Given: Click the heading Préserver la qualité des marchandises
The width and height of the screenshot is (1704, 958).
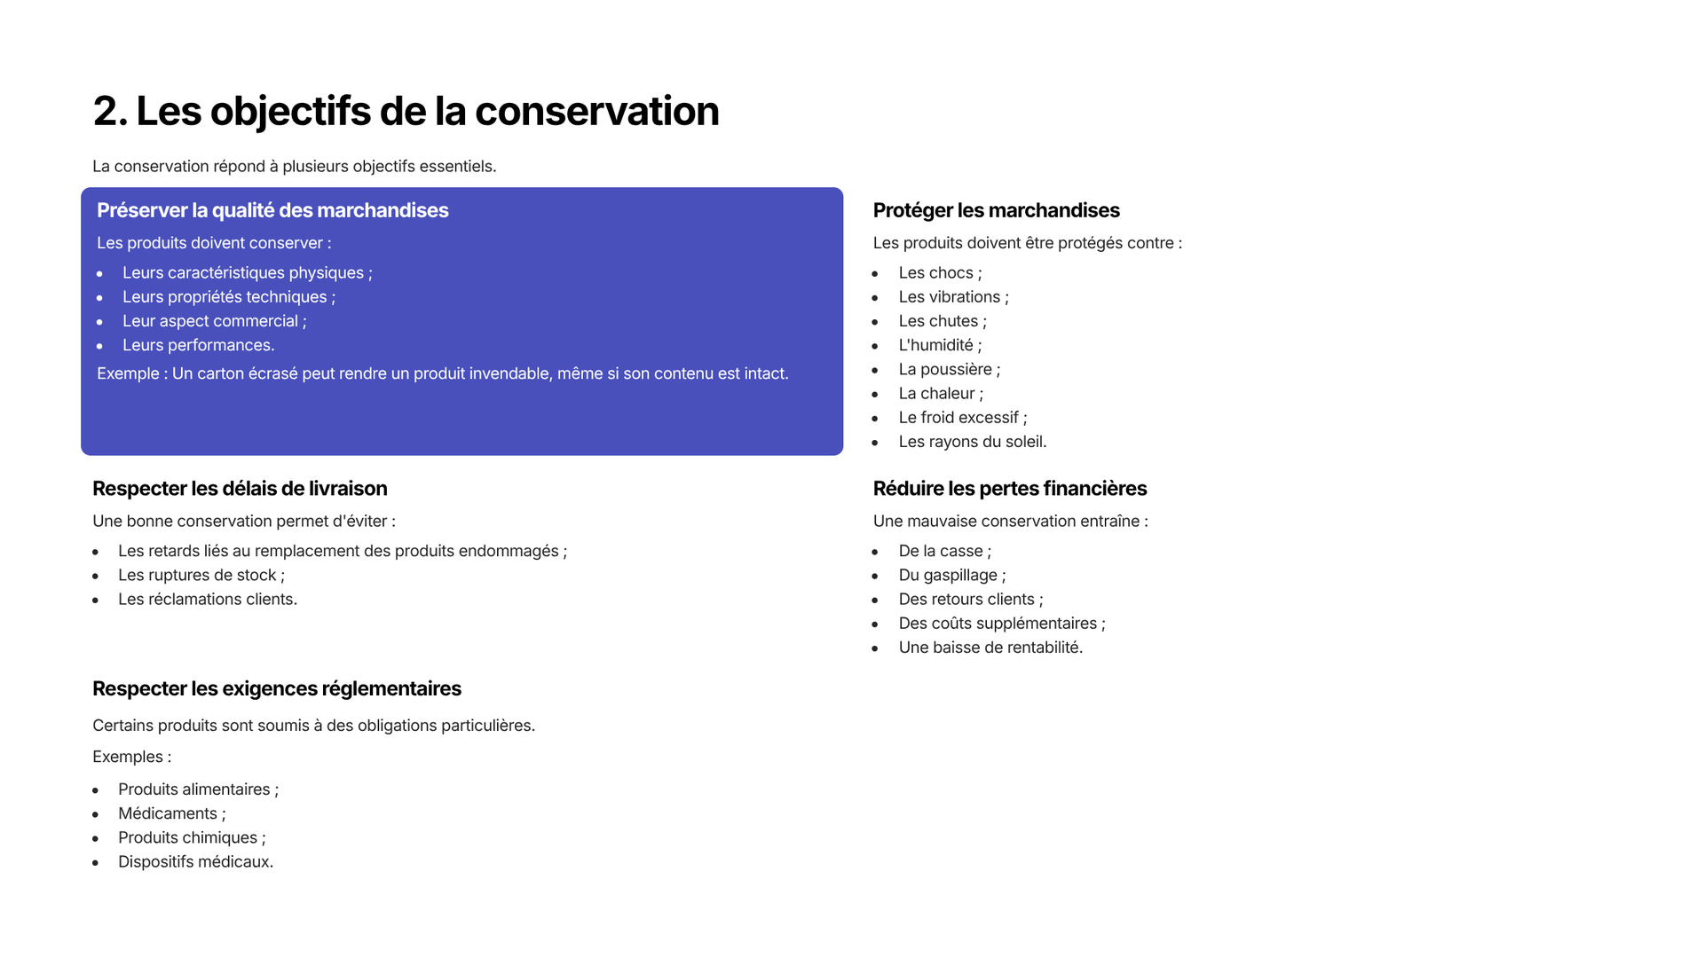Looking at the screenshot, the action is click(272, 210).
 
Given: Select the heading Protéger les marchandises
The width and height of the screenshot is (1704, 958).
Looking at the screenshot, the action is click(996, 210).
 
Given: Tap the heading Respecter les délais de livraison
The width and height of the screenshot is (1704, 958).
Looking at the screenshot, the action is click(240, 489).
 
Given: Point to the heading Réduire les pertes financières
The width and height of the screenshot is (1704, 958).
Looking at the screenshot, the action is click(1010, 489).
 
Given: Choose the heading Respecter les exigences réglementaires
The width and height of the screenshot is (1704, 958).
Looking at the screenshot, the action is click(277, 689).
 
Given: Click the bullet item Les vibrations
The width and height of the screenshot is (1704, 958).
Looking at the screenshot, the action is click(954, 297).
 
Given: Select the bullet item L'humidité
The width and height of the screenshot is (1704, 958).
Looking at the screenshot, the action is click(940, 345).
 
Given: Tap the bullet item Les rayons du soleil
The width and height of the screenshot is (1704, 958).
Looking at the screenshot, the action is click(973, 442).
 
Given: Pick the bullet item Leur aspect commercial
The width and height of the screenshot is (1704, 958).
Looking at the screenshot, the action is click(214, 321).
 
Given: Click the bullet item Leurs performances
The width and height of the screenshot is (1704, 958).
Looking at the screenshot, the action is click(199, 345).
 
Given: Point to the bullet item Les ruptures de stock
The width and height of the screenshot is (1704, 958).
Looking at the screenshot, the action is click(201, 576).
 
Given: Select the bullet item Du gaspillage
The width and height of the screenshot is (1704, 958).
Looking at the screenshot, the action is click(952, 576).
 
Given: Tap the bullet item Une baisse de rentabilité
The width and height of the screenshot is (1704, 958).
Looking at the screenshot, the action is click(990, 648).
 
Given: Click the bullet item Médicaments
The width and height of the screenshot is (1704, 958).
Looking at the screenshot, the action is click(172, 813).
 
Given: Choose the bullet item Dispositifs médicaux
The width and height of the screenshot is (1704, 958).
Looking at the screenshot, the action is click(196, 862).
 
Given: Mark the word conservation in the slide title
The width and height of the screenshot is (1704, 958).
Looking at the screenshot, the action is click(596, 111).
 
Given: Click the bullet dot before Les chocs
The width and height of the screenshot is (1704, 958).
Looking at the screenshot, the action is click(875, 274).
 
